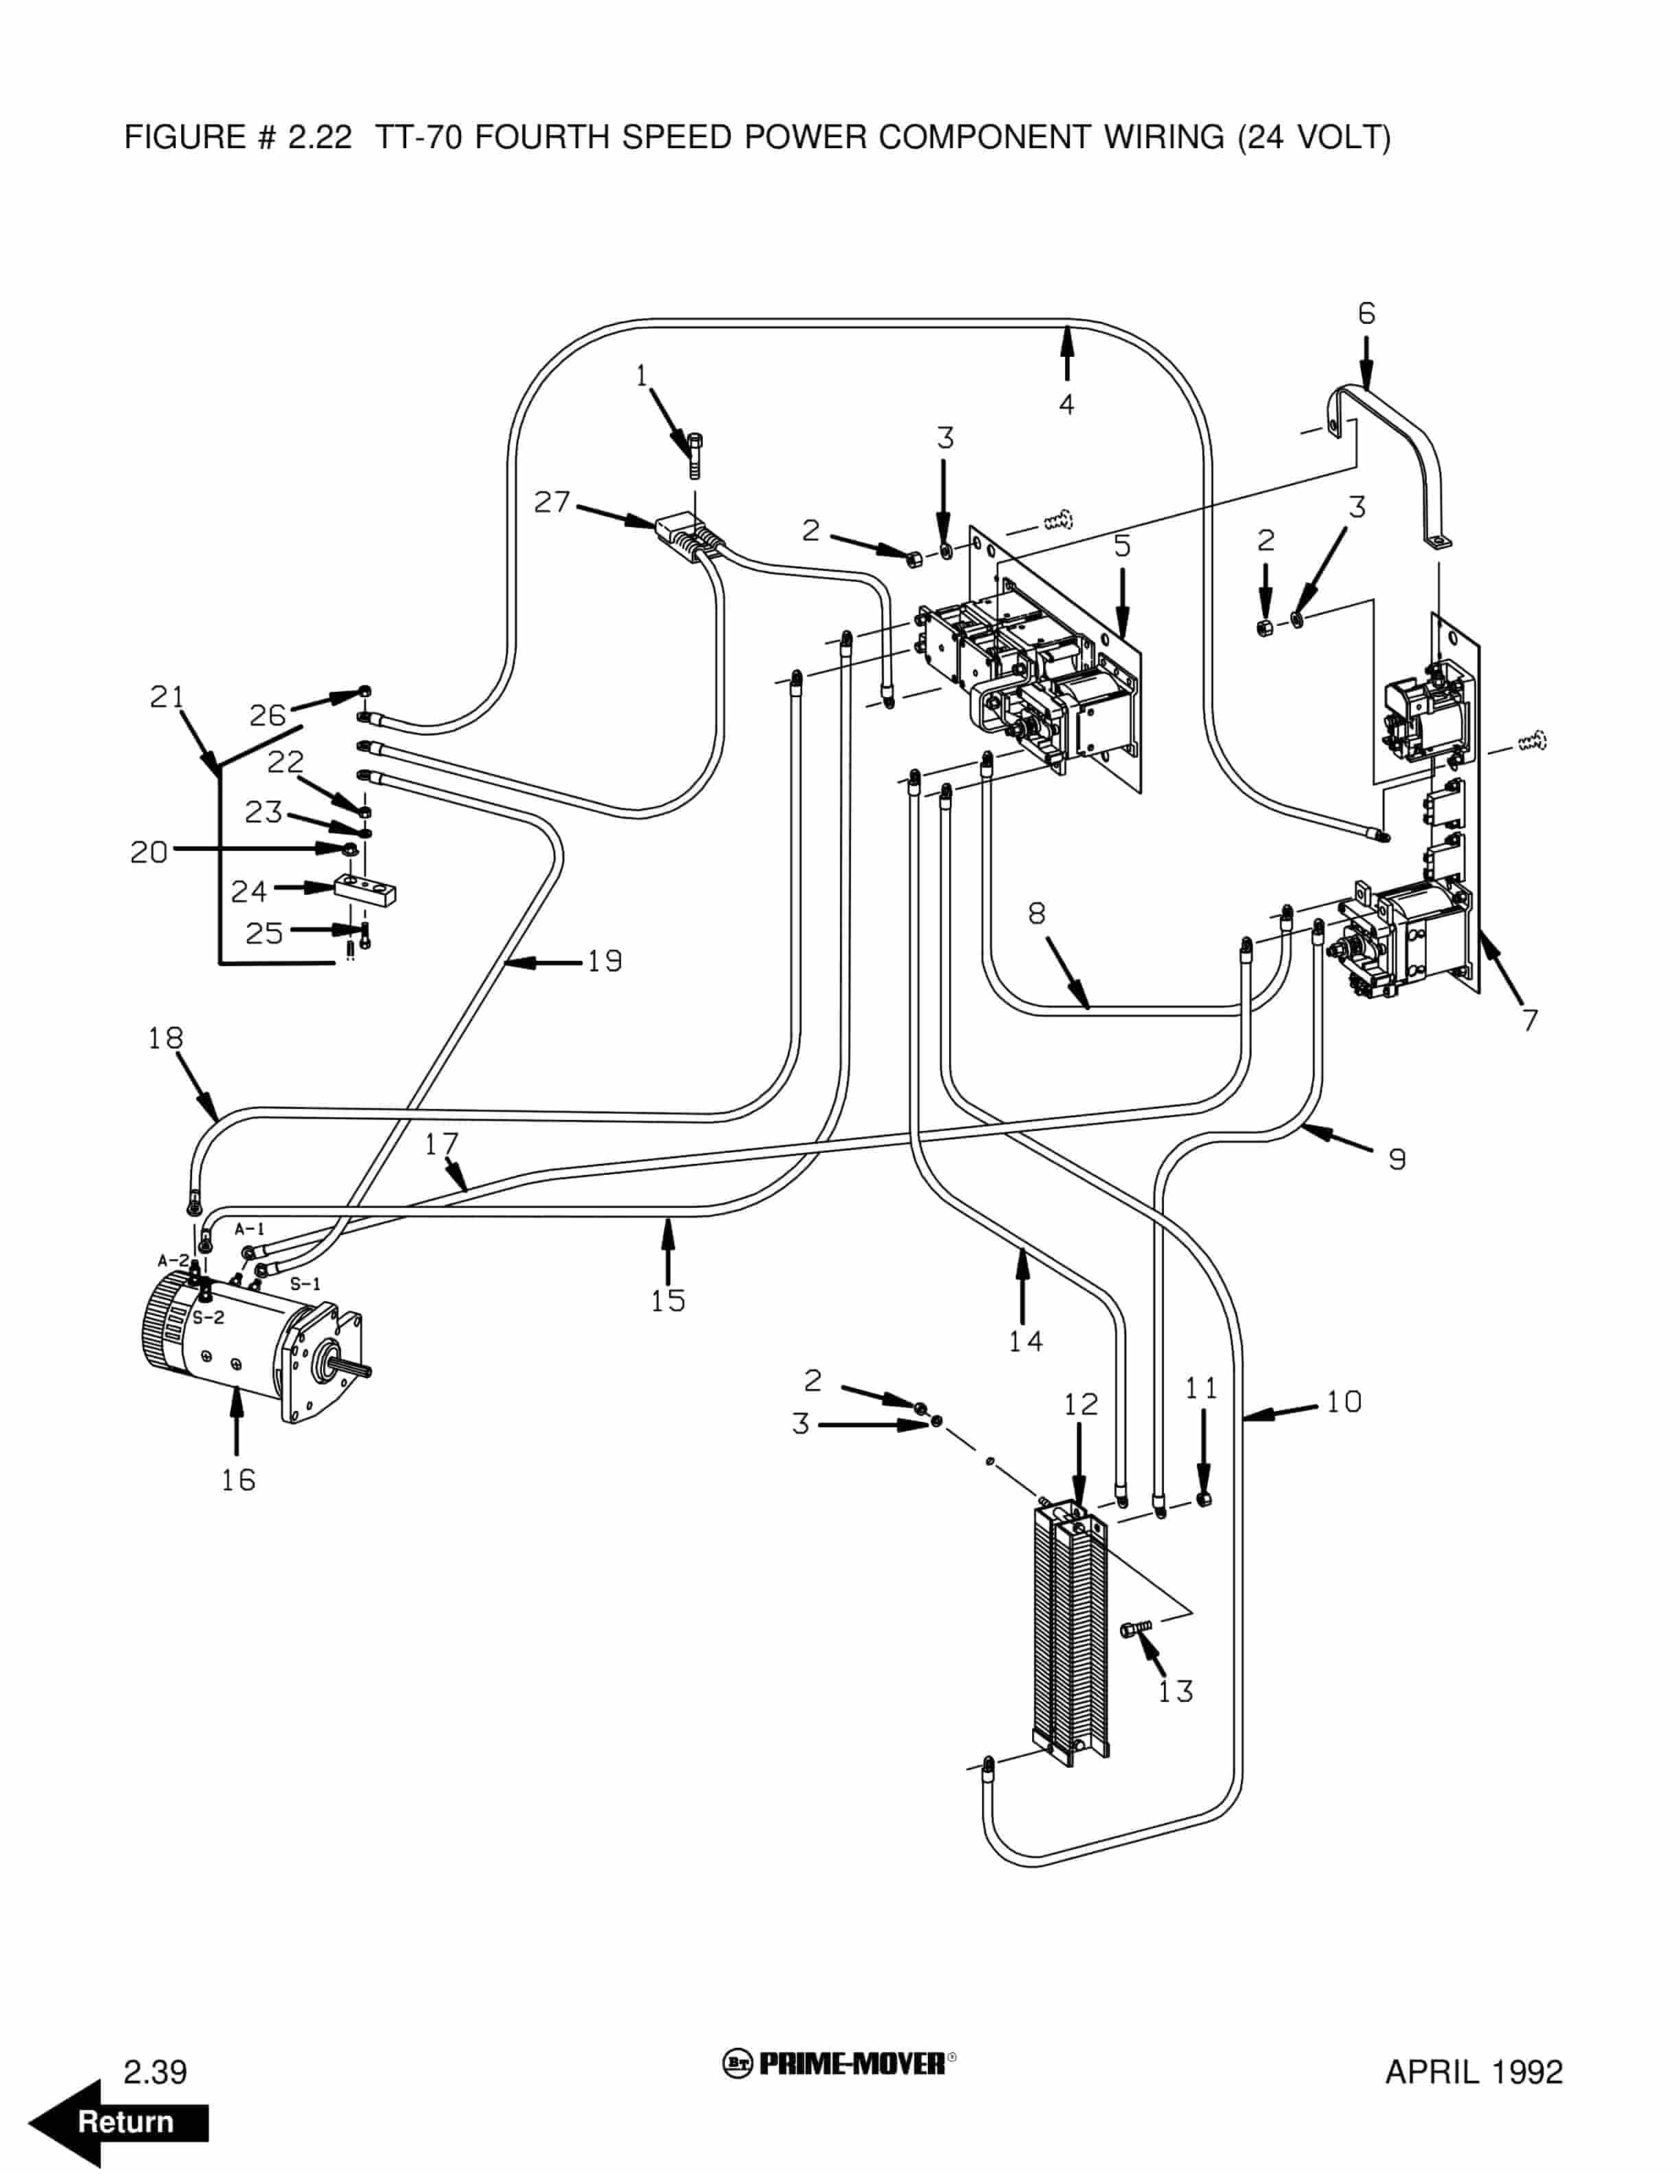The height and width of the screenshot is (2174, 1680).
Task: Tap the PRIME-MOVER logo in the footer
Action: click(x=839, y=2064)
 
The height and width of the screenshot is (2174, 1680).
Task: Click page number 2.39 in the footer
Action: click(x=155, y=2072)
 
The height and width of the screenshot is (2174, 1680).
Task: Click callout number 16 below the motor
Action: click(x=238, y=1480)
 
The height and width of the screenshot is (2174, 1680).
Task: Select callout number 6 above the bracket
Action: click(x=1366, y=314)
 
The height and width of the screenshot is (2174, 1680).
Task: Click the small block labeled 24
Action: click(x=365, y=889)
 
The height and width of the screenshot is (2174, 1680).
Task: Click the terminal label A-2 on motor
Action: click(x=173, y=1260)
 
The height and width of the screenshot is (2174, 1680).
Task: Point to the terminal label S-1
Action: click(x=305, y=1284)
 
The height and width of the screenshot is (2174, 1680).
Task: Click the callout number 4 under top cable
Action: click(x=1066, y=404)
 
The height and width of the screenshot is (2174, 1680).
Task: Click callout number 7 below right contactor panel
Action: click(x=1530, y=1020)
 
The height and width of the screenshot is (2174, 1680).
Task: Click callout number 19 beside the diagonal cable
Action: click(x=604, y=961)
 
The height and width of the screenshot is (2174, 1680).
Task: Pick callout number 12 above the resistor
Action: click(x=1081, y=1405)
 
